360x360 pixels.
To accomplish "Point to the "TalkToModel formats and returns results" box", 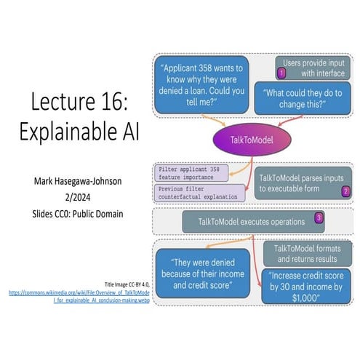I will (309, 254).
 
